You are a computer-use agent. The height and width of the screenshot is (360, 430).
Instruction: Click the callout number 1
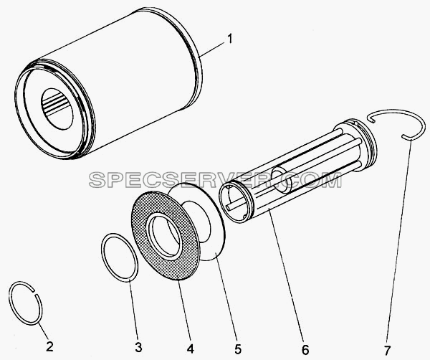click(230, 39)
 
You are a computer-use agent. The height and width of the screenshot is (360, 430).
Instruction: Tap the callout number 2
click(49, 346)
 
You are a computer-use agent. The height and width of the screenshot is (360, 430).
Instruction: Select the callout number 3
click(138, 347)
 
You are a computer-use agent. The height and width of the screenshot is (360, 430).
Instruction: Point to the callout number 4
click(191, 349)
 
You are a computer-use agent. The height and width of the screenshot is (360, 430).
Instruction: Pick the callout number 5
click(238, 349)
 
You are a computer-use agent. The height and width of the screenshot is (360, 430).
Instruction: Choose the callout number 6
click(305, 350)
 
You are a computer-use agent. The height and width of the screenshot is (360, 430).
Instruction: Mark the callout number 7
click(387, 351)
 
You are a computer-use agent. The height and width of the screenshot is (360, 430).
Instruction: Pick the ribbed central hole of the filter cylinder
click(57, 109)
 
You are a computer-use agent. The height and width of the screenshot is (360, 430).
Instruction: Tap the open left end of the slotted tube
click(236, 202)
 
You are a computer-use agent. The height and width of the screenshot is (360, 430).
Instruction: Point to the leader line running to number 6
click(286, 275)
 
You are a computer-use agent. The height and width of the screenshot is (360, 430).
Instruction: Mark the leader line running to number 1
click(213, 49)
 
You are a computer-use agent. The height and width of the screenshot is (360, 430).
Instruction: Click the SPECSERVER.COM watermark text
click(215, 180)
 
